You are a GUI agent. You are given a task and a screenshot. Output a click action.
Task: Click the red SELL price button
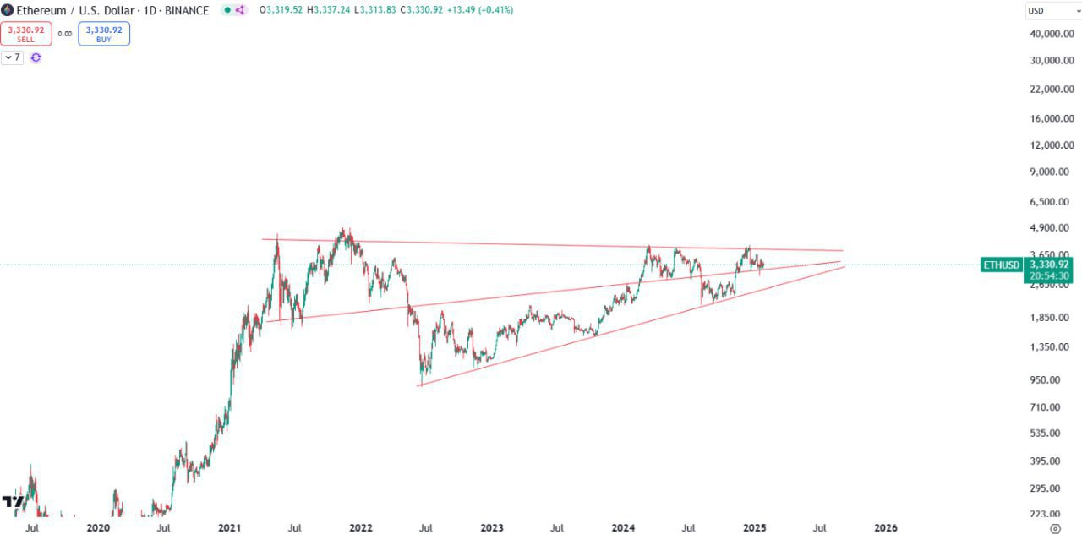[x=26, y=34]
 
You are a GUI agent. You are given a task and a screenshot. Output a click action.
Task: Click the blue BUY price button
[x=104, y=34]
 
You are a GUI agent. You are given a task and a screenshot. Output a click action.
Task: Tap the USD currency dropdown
[x=1051, y=11]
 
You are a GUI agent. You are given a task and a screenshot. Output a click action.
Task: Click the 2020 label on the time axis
[x=98, y=528]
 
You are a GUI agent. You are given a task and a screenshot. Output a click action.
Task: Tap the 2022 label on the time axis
[x=361, y=528]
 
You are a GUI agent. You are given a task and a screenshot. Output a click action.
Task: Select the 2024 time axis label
[x=624, y=528]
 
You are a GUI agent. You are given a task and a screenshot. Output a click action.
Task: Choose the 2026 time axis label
[x=886, y=528]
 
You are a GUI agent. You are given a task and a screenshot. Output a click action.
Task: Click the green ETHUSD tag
[x=1001, y=265]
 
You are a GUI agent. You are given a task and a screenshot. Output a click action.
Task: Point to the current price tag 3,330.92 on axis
[x=1049, y=264]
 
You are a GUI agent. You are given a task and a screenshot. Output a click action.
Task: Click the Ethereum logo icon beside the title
[x=8, y=10]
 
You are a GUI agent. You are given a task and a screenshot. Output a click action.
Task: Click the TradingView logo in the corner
[x=13, y=502]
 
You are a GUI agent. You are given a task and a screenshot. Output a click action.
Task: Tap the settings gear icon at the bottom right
[x=1054, y=528]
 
